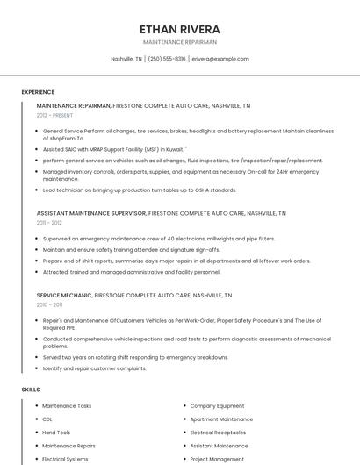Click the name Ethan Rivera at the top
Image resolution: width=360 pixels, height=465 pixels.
coord(179,29)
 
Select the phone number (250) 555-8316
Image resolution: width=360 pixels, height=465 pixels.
coord(167,59)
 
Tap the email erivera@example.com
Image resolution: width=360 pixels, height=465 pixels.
coord(220,59)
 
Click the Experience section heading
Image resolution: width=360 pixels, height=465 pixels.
coord(38,92)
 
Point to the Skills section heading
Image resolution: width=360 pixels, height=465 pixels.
coord(31,389)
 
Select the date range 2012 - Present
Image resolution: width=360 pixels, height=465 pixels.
coord(54,115)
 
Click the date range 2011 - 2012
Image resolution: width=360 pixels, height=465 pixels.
coord(49,223)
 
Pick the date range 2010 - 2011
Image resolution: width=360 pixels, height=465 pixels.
coord(49,304)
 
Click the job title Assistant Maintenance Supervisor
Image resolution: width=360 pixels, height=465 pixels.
coord(91,213)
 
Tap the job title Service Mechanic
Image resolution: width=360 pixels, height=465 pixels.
coord(63,295)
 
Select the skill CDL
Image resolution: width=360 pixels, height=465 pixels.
coord(47,419)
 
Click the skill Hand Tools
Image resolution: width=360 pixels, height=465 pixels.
coord(56,433)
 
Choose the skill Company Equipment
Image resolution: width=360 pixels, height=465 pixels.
coord(217,406)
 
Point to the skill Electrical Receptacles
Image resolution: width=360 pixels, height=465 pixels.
coord(218,433)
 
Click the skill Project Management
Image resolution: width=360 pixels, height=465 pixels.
coord(217,459)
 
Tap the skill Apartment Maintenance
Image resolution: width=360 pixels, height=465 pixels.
coord(221,419)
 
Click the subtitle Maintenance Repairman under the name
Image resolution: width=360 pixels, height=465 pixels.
coord(179,42)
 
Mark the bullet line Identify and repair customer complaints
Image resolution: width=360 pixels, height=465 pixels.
coord(95,368)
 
